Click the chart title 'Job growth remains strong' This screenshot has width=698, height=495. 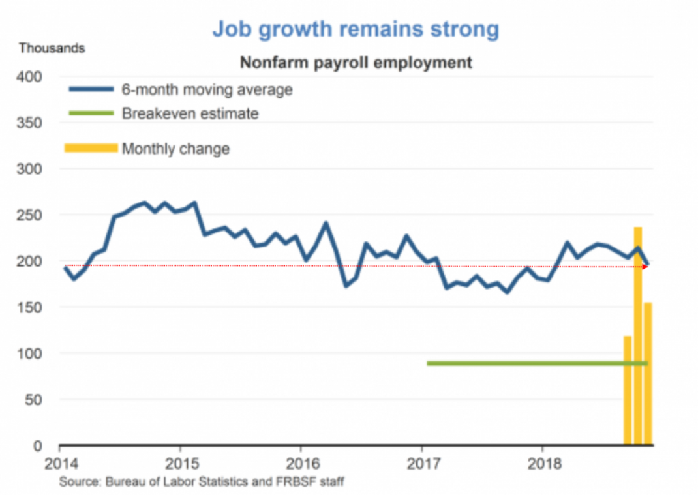[356, 29]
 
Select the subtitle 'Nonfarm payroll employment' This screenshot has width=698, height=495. [356, 63]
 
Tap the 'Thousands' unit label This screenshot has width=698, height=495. [52, 48]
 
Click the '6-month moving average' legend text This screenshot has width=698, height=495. [207, 89]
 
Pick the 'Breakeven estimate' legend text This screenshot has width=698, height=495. [190, 113]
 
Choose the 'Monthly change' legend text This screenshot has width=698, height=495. [176, 149]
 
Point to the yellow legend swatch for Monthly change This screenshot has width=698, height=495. [91, 148]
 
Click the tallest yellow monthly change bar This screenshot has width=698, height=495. [638, 339]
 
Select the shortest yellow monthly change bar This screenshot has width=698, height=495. [628, 391]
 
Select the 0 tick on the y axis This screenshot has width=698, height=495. [38, 446]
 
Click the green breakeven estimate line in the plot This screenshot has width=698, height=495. [522, 363]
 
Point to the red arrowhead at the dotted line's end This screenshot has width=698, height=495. [645, 266]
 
